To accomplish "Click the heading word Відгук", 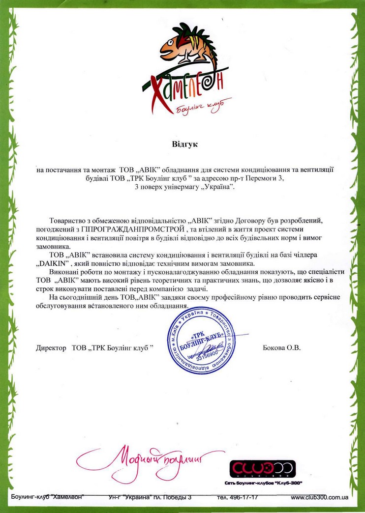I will pyautogui.click(x=184, y=145).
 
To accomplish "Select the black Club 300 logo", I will pyautogui.click(x=263, y=467).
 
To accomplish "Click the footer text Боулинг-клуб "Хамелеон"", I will pyautogui.click(x=47, y=497).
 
